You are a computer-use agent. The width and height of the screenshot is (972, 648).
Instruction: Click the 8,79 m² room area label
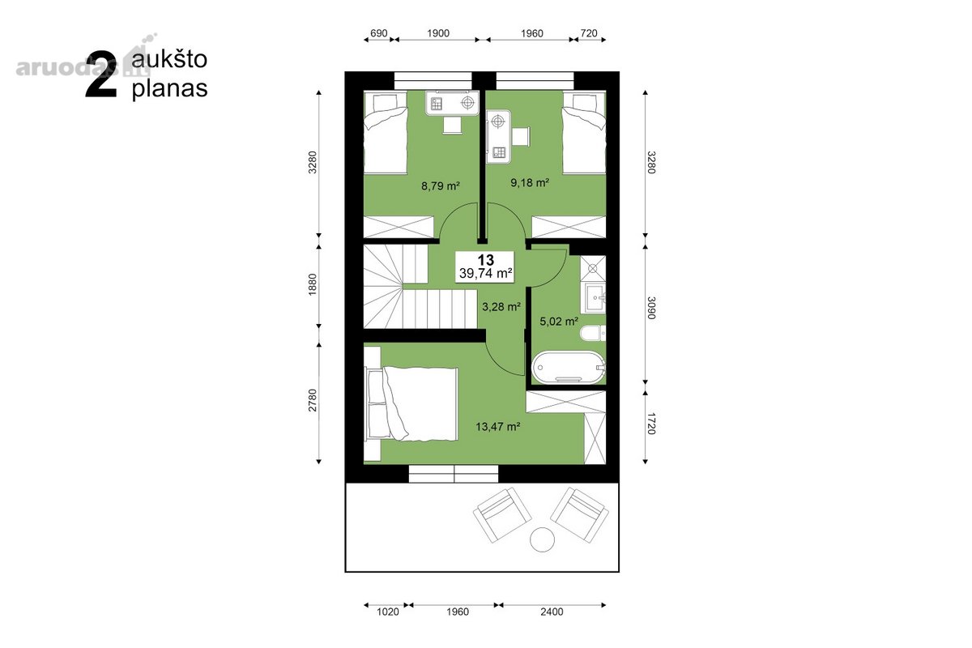coord(441,186)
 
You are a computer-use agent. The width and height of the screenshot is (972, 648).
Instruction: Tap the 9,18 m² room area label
coord(530,183)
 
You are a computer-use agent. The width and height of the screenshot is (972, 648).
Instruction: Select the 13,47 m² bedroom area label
coord(497,427)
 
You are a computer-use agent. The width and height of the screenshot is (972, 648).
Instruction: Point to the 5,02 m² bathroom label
coord(559,322)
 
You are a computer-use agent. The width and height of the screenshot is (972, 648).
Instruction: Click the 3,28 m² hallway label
coord(501,307)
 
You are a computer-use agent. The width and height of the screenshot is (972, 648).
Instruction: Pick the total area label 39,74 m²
coord(486,274)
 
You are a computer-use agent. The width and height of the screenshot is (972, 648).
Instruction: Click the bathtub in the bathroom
coord(568,367)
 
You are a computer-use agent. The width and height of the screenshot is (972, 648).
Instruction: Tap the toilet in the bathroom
coord(593,334)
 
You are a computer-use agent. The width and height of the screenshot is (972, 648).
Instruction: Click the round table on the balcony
coord(542,539)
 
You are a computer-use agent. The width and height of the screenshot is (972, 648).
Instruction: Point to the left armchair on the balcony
coord(502,514)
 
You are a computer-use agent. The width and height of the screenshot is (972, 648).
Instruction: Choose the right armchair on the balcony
coord(579,514)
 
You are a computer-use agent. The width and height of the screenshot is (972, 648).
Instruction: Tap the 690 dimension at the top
coord(379,33)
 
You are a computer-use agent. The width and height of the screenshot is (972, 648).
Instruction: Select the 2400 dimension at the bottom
coord(552,612)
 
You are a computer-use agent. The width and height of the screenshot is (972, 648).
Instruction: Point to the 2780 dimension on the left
coord(313,400)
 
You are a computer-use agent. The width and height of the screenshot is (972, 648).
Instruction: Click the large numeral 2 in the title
coord(101,75)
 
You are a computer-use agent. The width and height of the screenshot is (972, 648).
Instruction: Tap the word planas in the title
coord(169,89)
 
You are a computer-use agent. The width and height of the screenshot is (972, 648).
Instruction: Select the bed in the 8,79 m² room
coord(386,132)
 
